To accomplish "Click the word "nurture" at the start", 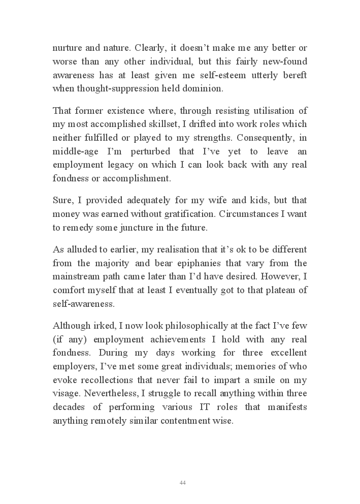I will (x=66, y=49).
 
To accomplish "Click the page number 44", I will (x=183, y=482).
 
